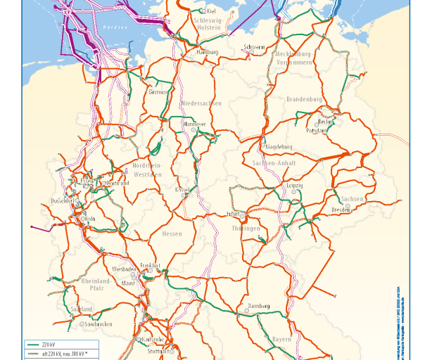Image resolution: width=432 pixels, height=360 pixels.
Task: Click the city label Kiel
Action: [211, 11]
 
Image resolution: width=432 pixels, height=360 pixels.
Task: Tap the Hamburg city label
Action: [208, 52]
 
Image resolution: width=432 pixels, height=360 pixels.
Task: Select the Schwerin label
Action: [254, 47]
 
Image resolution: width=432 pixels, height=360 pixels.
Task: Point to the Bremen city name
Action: [159, 92]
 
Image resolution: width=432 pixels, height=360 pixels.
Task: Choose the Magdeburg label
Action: [279, 147]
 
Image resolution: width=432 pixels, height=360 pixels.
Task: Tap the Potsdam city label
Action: [317, 130]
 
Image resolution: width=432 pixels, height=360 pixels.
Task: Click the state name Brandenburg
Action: [304, 100]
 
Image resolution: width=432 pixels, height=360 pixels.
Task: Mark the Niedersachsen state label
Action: [201, 103]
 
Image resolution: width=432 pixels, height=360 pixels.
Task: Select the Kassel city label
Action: [183, 190]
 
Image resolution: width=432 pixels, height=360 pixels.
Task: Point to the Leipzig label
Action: [295, 185]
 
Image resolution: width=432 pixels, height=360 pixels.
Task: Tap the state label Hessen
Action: [172, 234]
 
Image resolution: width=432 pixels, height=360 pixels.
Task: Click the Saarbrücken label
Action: [99, 324]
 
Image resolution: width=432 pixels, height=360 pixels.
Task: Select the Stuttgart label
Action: [160, 350]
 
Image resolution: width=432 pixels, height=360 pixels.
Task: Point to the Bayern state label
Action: [281, 340]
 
